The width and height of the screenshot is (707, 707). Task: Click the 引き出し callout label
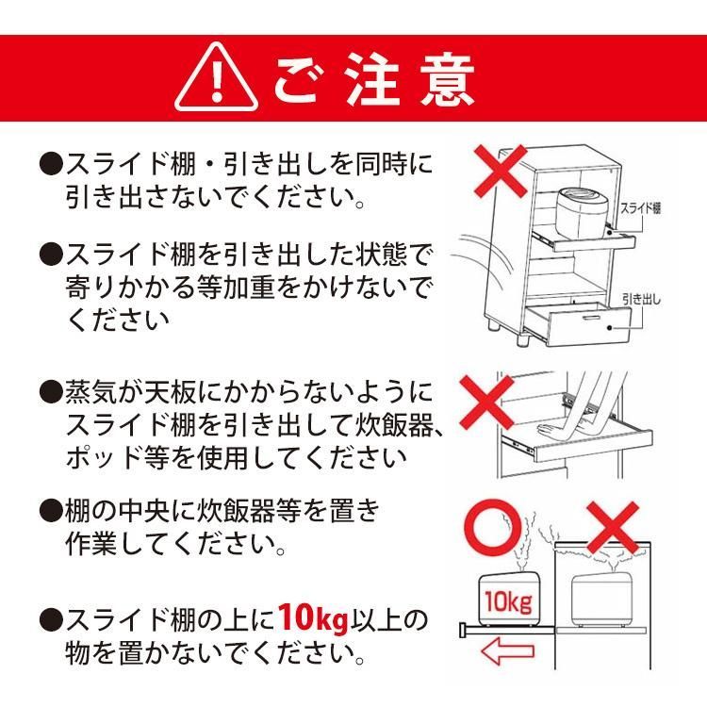click(x=642, y=300)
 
